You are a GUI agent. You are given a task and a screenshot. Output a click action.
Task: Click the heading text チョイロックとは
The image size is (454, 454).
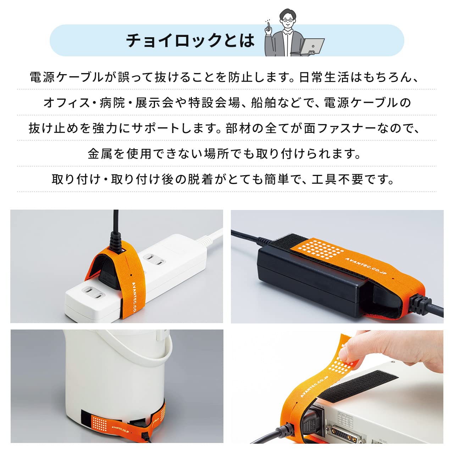point(190,40)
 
